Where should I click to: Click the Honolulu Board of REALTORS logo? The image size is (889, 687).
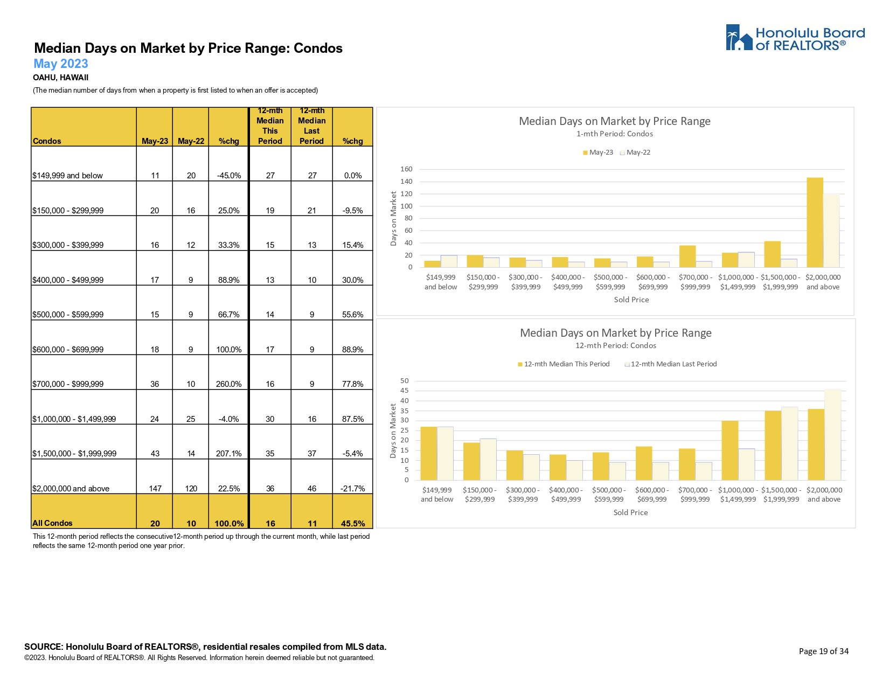[795, 38]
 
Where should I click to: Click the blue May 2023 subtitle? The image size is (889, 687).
[61, 64]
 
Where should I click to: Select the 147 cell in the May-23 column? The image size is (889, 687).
[155, 489]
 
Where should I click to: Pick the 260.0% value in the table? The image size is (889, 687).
[229, 384]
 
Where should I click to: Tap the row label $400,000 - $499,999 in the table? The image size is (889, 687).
[68, 280]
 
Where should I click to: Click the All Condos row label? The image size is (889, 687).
[52, 523]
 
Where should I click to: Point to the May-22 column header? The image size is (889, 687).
[191, 141]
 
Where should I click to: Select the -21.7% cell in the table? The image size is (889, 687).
[353, 489]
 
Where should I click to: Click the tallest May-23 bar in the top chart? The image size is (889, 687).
[815, 222]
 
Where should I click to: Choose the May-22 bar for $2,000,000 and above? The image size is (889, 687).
[831, 230]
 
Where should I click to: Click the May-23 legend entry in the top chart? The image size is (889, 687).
[598, 152]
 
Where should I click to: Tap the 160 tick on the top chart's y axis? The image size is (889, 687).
[406, 169]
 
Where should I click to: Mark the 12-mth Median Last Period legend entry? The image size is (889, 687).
[671, 364]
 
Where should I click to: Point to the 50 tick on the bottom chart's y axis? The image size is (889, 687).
[405, 381]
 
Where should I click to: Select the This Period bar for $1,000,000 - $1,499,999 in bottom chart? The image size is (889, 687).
[730, 450]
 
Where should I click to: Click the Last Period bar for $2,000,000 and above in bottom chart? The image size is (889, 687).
[832, 434]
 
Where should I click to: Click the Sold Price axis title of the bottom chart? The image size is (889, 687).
[630, 512]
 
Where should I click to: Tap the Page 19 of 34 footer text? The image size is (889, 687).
[823, 651]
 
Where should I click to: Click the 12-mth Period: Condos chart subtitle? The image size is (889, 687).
[615, 345]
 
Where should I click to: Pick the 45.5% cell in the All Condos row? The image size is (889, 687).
[353, 523]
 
